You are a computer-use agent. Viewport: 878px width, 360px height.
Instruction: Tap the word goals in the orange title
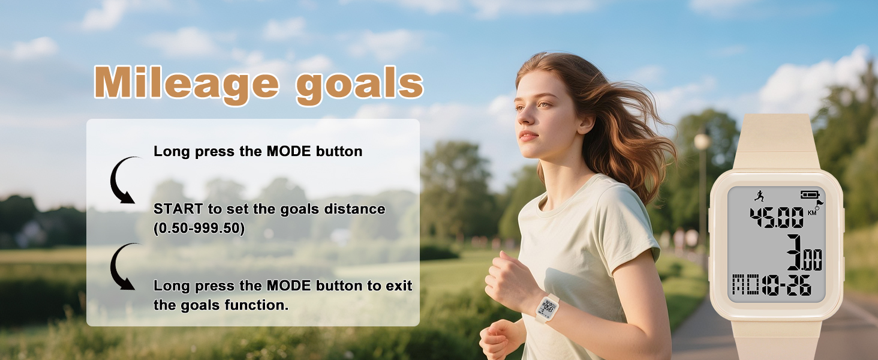point(360,84)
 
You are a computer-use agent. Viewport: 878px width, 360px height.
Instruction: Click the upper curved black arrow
point(123,180)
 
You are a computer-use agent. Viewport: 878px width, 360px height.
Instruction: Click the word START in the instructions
point(175,209)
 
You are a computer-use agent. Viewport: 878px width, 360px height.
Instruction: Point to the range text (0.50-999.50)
point(199,229)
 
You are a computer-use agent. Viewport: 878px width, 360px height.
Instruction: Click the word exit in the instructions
point(398,286)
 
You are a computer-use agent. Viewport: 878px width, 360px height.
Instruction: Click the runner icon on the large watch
point(759,195)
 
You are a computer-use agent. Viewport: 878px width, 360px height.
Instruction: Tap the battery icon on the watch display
point(810,194)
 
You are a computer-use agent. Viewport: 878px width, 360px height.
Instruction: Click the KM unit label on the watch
point(812,212)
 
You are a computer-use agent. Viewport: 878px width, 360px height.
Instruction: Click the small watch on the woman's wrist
point(548,308)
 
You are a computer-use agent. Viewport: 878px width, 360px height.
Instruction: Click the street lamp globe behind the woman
point(702,142)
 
